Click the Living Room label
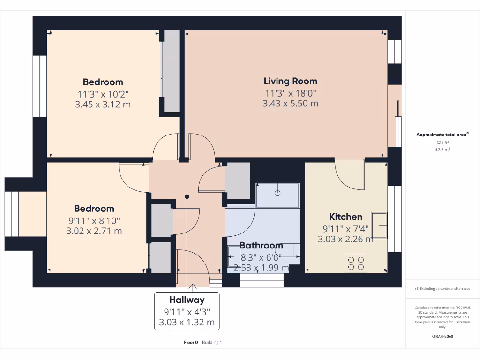click(290, 81)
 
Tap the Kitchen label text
click(345, 217)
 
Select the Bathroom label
click(261, 246)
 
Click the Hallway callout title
click(187, 300)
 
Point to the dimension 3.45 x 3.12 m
click(103, 104)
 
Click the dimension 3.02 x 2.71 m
click(94, 231)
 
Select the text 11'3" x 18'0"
click(290, 93)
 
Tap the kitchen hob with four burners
click(356, 263)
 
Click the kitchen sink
click(379, 225)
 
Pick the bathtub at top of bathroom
click(277, 195)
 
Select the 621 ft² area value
click(442, 142)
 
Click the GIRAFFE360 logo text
click(442, 336)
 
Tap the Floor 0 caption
click(191, 342)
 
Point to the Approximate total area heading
click(442, 135)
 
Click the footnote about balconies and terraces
click(442, 289)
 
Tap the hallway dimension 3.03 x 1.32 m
click(187, 322)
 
